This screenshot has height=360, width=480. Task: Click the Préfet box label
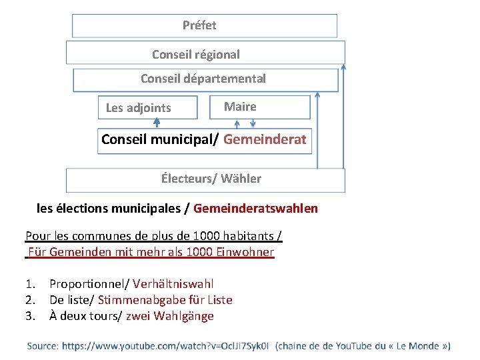[199, 25]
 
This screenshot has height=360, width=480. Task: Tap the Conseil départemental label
[203, 79]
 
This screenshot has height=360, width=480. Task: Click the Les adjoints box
[147, 108]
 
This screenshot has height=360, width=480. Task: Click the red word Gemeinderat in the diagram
[265, 140]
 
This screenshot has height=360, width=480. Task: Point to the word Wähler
[241, 179]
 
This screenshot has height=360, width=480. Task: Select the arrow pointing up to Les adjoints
[157, 123]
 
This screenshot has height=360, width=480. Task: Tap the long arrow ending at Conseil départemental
[317, 130]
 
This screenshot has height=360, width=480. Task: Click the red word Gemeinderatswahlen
[255, 209]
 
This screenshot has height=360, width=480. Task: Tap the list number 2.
[29, 300]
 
